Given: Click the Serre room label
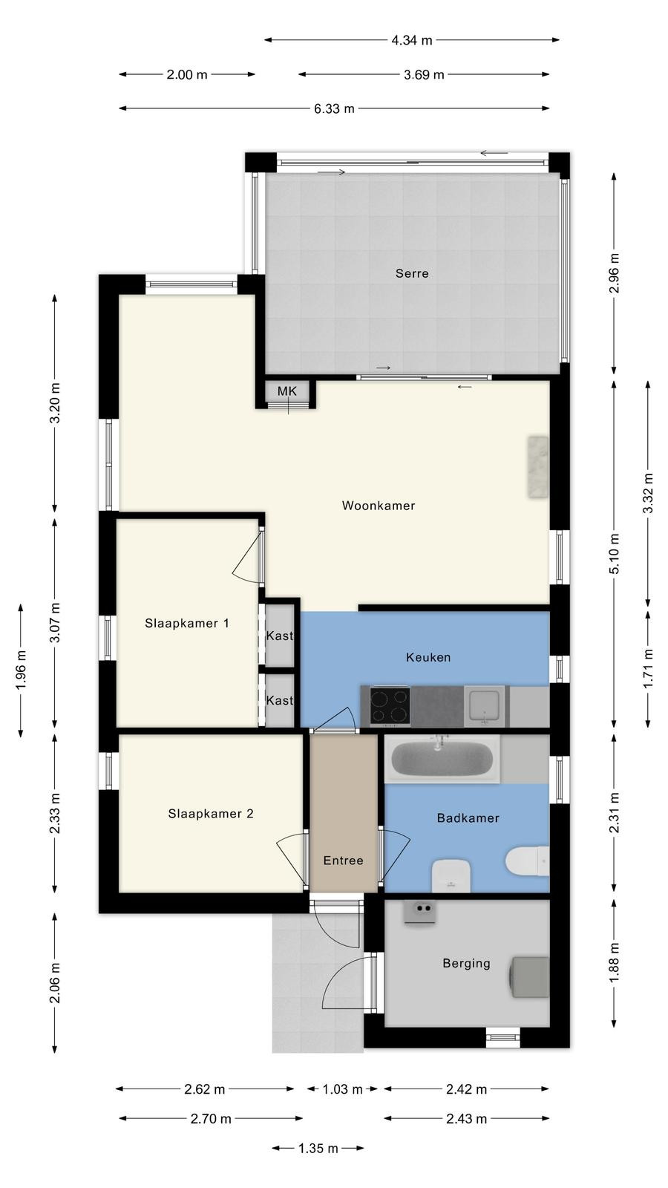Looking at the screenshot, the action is (x=412, y=273).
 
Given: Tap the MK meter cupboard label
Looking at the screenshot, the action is (x=286, y=391).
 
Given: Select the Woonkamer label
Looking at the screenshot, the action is (x=379, y=506).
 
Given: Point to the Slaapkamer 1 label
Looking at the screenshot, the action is (x=186, y=623).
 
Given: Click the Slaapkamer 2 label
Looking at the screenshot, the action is (x=211, y=814).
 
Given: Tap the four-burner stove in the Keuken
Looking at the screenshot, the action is (x=390, y=706).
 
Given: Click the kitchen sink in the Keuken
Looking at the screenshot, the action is (x=485, y=706).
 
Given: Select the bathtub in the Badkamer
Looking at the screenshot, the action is (x=442, y=758).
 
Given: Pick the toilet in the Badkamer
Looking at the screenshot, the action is (x=527, y=861).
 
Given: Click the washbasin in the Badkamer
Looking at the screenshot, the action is (x=451, y=875).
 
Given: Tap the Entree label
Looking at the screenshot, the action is (x=343, y=861).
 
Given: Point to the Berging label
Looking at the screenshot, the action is (x=467, y=962).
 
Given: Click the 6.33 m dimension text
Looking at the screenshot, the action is (x=334, y=108).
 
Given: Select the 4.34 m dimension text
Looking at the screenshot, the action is (x=412, y=40).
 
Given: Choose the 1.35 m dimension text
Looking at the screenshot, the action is (x=318, y=1148).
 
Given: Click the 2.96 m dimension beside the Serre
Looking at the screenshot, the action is (x=614, y=273).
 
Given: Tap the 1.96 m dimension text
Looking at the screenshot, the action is (x=22, y=670).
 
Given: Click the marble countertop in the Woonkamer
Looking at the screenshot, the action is (x=537, y=467).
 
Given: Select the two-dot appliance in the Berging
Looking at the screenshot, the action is (x=420, y=913).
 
